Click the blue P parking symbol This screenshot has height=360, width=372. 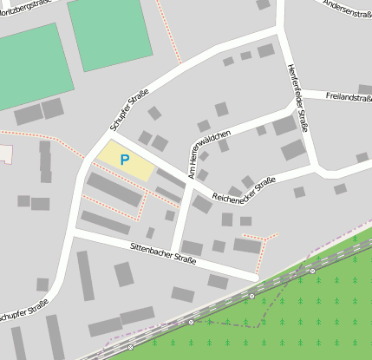tap(124, 160)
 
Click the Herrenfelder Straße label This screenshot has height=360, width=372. tap(297, 95)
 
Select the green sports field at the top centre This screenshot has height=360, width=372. tap(111, 33)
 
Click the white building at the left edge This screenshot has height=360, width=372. tap(5, 154)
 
